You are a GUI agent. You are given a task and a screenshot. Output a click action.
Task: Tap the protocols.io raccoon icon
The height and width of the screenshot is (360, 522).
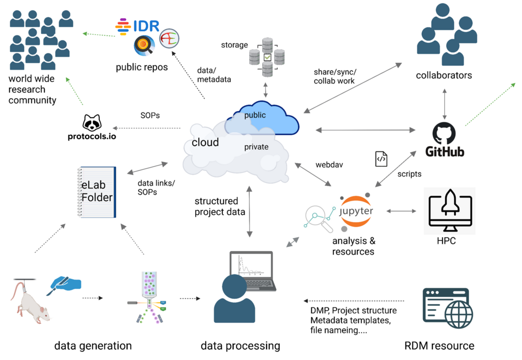(92, 123)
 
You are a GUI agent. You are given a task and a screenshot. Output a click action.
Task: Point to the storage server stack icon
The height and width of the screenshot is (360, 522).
(267, 56)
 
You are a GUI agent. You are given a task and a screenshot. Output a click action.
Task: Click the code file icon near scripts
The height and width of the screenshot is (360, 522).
(381, 159)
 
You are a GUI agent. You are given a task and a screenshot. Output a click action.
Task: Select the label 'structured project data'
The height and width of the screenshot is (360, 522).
(216, 206)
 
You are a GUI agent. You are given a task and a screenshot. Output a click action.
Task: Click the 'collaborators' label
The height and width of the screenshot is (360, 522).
(444, 75)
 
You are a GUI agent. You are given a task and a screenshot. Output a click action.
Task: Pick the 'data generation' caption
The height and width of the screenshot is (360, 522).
(93, 345)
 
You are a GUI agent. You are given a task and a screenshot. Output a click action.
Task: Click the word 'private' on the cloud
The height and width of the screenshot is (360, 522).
(256, 147)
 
